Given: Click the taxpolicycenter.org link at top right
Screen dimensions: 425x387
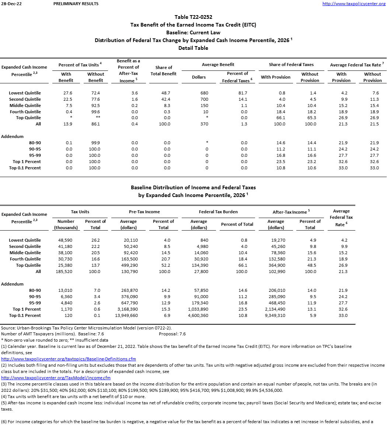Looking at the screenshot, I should [354, 4].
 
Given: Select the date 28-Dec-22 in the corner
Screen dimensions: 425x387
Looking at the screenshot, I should [8, 4].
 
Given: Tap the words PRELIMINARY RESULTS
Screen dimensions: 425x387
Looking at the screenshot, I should [76, 4].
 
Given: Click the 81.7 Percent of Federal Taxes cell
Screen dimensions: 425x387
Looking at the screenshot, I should [244, 93].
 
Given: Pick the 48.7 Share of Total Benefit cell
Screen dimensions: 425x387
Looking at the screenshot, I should [167, 93].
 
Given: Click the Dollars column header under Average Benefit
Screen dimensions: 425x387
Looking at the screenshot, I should [199, 77].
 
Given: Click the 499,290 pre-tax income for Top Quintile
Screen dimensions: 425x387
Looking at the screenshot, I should [129, 265].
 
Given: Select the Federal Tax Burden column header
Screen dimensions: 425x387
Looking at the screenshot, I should [218, 212].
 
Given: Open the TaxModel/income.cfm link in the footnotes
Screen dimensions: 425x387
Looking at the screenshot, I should [56, 378].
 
